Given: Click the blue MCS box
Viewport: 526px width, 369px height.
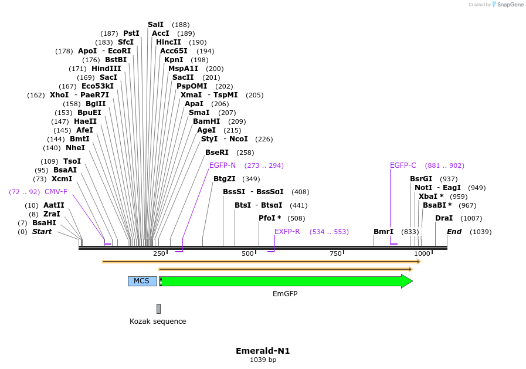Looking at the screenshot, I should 142,281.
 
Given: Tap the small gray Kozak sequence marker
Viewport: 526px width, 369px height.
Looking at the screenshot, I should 158,309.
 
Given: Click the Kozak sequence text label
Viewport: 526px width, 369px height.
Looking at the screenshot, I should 158,321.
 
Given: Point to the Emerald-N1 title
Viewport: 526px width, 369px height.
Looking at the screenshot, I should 263,351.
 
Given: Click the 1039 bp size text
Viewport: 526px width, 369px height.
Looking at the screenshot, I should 263,360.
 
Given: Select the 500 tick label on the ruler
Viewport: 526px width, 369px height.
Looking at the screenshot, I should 247,253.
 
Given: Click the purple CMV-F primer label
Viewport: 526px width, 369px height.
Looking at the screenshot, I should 56,192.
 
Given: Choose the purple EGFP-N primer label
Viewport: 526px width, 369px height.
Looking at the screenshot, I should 222,165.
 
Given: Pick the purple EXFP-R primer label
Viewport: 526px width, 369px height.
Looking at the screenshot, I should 287,232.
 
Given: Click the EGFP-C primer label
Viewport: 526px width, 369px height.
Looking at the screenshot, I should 403,165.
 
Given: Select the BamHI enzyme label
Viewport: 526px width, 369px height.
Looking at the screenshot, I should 206,121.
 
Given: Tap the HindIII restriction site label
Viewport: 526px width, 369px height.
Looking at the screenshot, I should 106,69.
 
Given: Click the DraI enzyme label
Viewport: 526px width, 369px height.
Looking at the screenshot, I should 444,218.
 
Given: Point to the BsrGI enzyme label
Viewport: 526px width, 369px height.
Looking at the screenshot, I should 421,179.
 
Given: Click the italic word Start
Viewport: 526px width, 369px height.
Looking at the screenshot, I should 42,232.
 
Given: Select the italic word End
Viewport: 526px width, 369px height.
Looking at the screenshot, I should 454,232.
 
